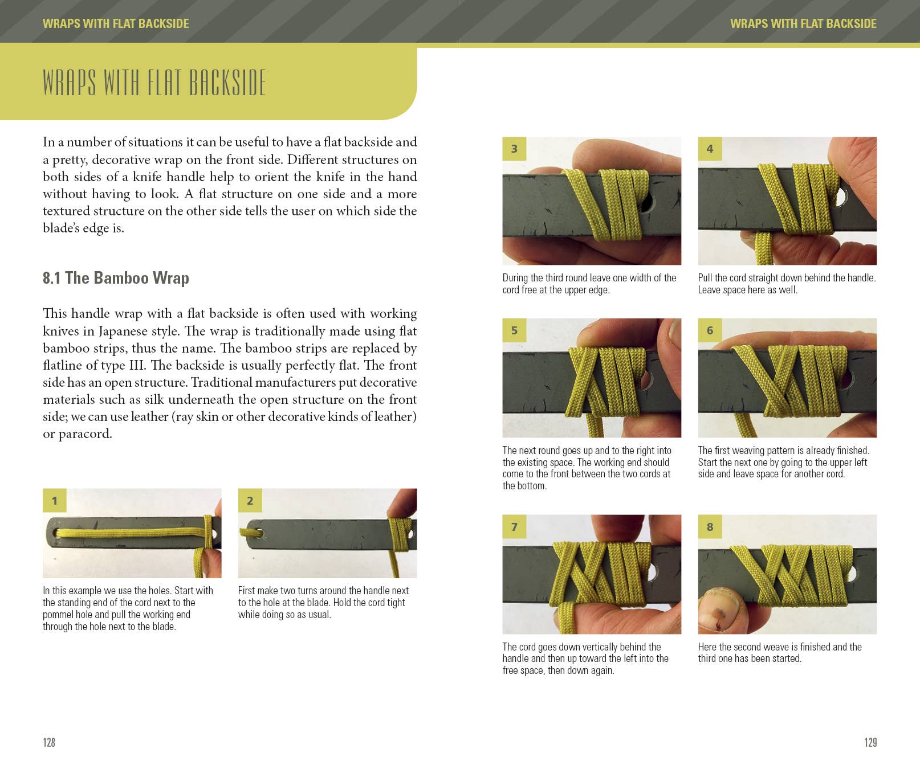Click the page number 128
coord(49,742)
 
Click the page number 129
coord(870,742)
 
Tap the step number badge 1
coord(55,500)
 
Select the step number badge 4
coord(710,149)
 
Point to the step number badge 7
coord(514,526)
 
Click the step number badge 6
coord(710,330)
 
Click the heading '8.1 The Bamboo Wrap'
coord(116,278)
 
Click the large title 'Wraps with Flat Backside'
coord(154,83)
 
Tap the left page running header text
coord(116,23)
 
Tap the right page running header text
coord(803,23)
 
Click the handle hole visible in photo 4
coord(841,197)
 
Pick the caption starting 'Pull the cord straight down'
coord(786,284)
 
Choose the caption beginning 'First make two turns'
coord(323,602)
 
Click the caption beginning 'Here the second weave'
coord(779,652)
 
